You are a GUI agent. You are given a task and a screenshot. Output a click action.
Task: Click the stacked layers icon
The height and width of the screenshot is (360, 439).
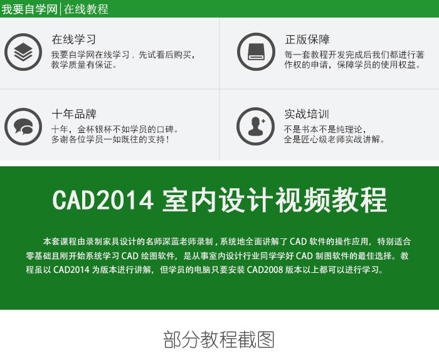(x=23, y=52)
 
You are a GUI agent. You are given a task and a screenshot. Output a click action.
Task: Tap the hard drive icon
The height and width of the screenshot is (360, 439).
(x=256, y=52)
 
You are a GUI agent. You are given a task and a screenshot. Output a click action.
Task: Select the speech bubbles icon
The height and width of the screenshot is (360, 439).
(x=23, y=127)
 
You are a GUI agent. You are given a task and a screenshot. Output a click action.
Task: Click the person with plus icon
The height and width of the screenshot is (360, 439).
(x=255, y=127)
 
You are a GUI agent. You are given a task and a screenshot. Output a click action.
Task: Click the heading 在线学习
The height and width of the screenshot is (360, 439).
(x=74, y=39)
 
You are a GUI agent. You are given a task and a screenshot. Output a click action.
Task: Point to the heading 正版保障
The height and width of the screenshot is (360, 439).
(x=307, y=39)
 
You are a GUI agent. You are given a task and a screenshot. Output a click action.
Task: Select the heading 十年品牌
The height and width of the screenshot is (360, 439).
(x=74, y=114)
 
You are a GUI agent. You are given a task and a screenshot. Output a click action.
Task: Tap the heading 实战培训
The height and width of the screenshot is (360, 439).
(x=307, y=114)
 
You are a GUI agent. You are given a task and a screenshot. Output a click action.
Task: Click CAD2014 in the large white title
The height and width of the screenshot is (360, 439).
(x=103, y=200)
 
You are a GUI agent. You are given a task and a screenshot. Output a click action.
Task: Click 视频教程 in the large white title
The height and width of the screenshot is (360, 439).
(x=331, y=200)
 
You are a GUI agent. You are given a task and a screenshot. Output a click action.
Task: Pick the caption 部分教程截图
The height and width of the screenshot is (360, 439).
(x=219, y=339)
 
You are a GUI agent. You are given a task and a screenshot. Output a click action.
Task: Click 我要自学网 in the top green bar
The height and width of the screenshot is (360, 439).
(x=29, y=9)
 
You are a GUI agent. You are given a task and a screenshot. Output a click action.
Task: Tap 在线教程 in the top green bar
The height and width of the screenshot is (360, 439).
(x=86, y=9)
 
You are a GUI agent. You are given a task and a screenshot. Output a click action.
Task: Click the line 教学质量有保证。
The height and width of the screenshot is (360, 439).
(x=84, y=65)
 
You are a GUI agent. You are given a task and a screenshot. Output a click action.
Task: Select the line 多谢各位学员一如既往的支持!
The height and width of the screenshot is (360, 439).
(x=110, y=139)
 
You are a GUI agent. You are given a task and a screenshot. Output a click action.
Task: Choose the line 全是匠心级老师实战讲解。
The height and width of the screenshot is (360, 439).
(x=334, y=139)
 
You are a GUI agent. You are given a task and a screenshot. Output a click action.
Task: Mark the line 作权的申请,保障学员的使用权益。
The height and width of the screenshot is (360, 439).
(x=352, y=65)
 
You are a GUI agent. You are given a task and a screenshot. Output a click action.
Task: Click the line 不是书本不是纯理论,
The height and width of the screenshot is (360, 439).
(x=325, y=129)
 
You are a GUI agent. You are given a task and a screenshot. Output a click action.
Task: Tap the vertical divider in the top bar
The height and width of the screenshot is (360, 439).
(x=60, y=9)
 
